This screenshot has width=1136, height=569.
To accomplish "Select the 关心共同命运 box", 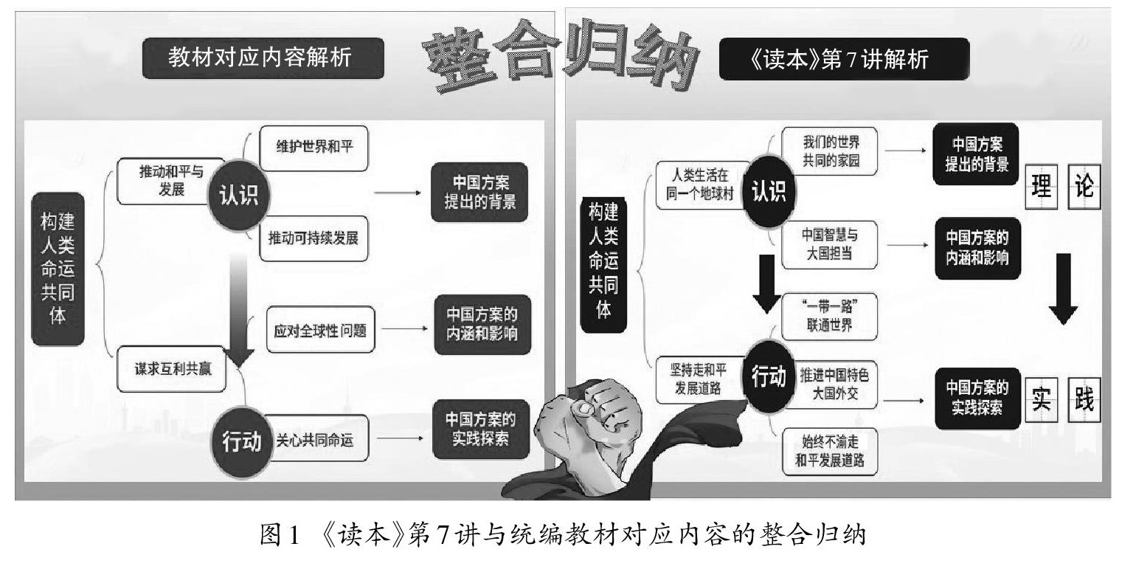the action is pos(315,441).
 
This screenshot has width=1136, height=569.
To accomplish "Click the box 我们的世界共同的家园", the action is pos(829,150).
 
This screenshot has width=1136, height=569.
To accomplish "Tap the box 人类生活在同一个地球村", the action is pos(699,187).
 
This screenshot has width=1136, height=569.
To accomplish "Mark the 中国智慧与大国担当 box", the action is pos(829,244).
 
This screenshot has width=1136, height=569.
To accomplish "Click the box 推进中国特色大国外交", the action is pos(829,384).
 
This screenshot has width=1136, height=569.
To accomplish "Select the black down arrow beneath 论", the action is pos(1070,288).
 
